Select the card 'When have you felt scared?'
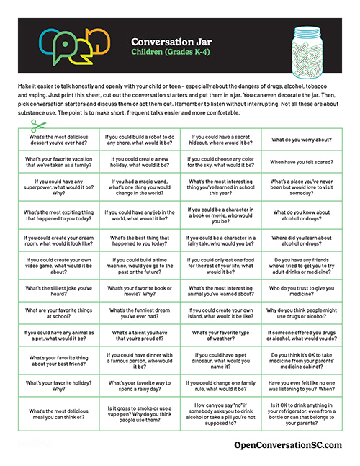click(x=303, y=163)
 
